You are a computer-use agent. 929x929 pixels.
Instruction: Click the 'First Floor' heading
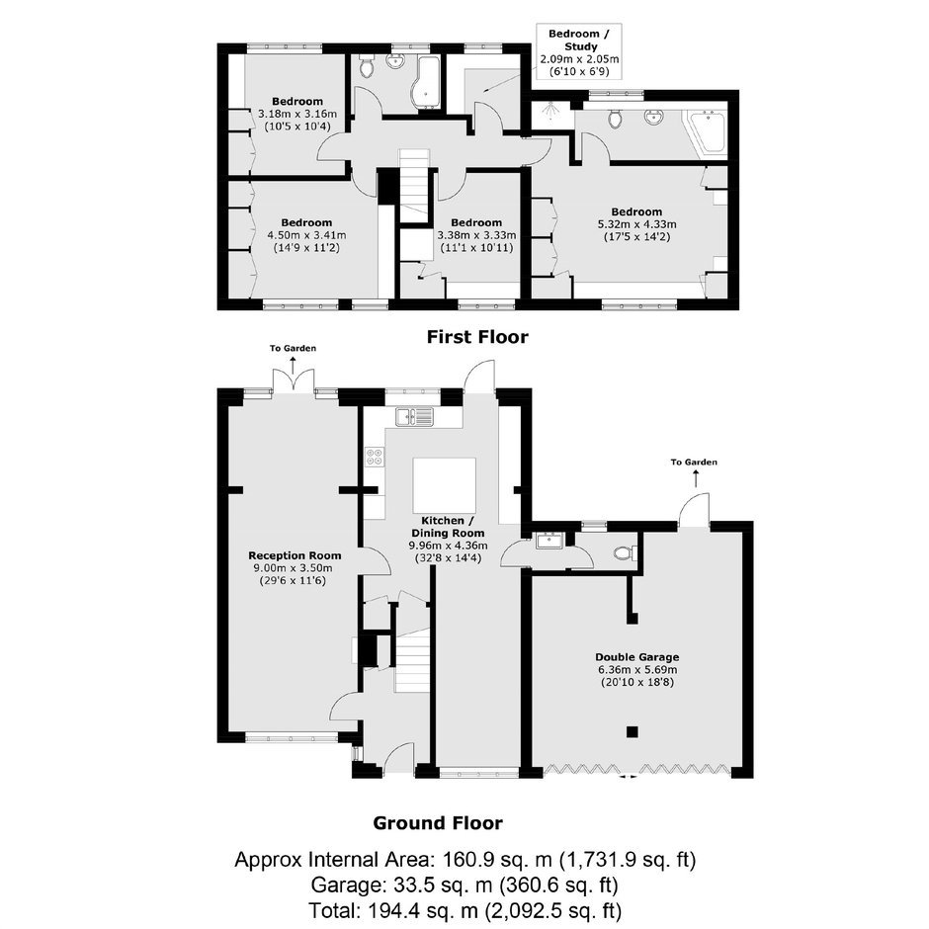pos(477,337)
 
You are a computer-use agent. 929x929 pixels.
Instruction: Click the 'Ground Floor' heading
pos(438,823)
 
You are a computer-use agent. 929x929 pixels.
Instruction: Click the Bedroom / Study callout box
pos(579,52)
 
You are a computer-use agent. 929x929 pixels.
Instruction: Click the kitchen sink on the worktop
pos(415,416)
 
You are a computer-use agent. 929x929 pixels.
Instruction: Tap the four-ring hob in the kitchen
pos(375,457)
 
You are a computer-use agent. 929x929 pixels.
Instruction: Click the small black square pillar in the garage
pos(633,731)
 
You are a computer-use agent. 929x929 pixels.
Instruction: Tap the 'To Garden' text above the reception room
pos(293,348)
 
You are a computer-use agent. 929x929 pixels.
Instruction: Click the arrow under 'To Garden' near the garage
pos(695,478)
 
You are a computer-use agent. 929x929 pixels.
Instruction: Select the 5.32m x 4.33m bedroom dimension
pos(636,224)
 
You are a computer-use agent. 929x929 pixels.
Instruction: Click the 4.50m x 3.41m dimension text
pos(307,235)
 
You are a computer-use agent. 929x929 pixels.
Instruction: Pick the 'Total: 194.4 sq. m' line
pos(464,910)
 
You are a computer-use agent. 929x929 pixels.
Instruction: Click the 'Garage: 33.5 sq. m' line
pos(464,886)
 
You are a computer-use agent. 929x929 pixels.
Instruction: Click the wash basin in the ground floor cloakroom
pos(549,541)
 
